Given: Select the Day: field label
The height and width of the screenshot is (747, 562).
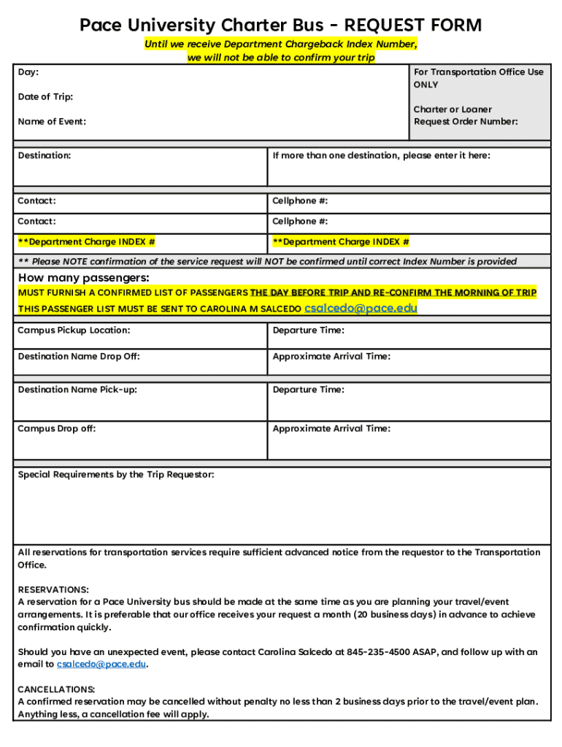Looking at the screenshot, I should pyautogui.click(x=28, y=72).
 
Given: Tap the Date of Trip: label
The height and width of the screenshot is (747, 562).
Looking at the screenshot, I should pyautogui.click(x=45, y=97).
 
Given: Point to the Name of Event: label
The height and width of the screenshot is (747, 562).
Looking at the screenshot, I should pyautogui.click(x=52, y=122).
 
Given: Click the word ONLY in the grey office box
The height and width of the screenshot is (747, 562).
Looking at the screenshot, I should pyautogui.click(x=426, y=85).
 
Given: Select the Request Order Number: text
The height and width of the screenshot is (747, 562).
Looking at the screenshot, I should pyautogui.click(x=466, y=122).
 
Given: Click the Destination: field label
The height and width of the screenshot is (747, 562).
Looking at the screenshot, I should pyautogui.click(x=45, y=155).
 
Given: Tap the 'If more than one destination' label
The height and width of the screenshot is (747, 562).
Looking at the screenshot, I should pyautogui.click(x=381, y=155).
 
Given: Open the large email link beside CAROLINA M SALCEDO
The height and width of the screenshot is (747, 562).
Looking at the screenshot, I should pyautogui.click(x=361, y=308).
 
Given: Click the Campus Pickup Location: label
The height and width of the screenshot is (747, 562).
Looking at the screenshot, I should pyautogui.click(x=74, y=330).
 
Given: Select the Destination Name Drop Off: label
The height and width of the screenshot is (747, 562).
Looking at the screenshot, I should pyautogui.click(x=79, y=357).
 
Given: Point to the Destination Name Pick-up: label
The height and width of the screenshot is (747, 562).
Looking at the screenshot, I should pyautogui.click(x=77, y=390).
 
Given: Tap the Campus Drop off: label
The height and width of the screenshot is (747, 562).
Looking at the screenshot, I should pyautogui.click(x=57, y=429).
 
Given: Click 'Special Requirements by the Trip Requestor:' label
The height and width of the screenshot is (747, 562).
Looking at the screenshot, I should pyautogui.click(x=116, y=475).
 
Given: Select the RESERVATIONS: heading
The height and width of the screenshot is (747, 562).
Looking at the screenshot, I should pyautogui.click(x=53, y=589).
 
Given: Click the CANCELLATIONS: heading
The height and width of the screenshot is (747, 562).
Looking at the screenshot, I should pyautogui.click(x=56, y=689).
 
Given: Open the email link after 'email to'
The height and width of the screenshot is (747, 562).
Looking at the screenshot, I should pyautogui.click(x=101, y=665).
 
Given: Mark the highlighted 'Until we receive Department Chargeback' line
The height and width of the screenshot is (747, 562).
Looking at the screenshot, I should pyautogui.click(x=281, y=44).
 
